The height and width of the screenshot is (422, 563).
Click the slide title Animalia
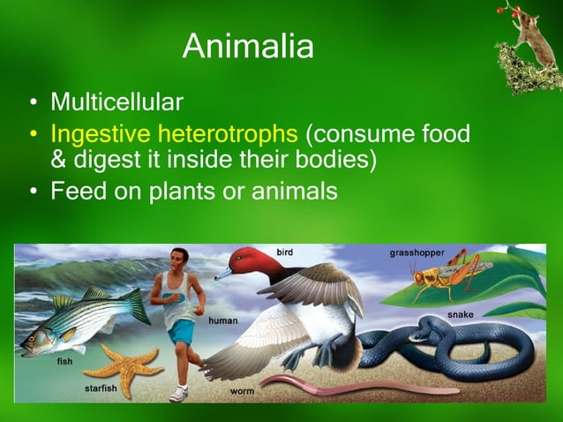[248, 46]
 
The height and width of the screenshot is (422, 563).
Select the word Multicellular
[116, 102]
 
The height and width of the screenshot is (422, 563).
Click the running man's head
[181, 260]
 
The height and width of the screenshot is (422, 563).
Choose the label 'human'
[222, 320]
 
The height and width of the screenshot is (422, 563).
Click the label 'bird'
[284, 252]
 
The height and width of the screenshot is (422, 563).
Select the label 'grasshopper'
[417, 253]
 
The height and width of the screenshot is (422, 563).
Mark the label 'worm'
[242, 390]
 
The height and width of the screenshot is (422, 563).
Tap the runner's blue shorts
[183, 331]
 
